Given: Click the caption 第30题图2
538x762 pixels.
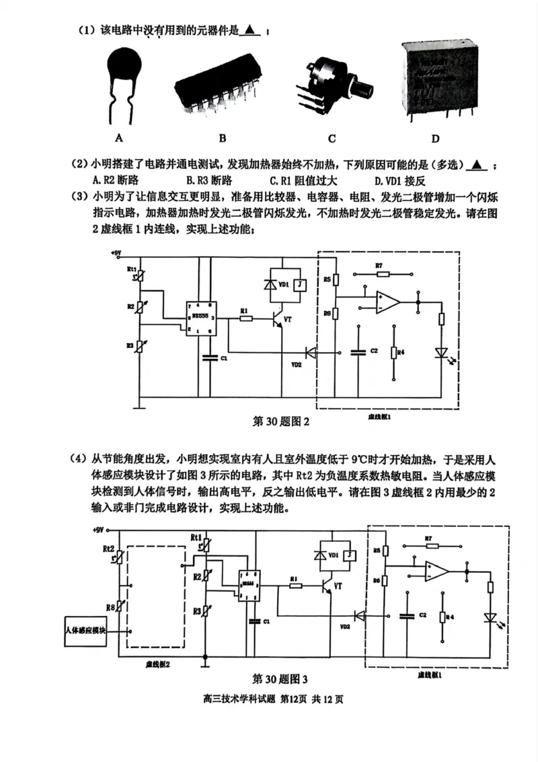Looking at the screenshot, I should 280,422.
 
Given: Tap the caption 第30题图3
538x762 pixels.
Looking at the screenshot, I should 280,678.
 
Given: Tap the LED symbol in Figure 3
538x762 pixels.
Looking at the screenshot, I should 490,617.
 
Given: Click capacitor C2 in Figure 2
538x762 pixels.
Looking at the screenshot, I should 358,351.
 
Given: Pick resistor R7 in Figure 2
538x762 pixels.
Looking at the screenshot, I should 380,275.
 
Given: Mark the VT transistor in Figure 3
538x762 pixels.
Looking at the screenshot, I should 329,587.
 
